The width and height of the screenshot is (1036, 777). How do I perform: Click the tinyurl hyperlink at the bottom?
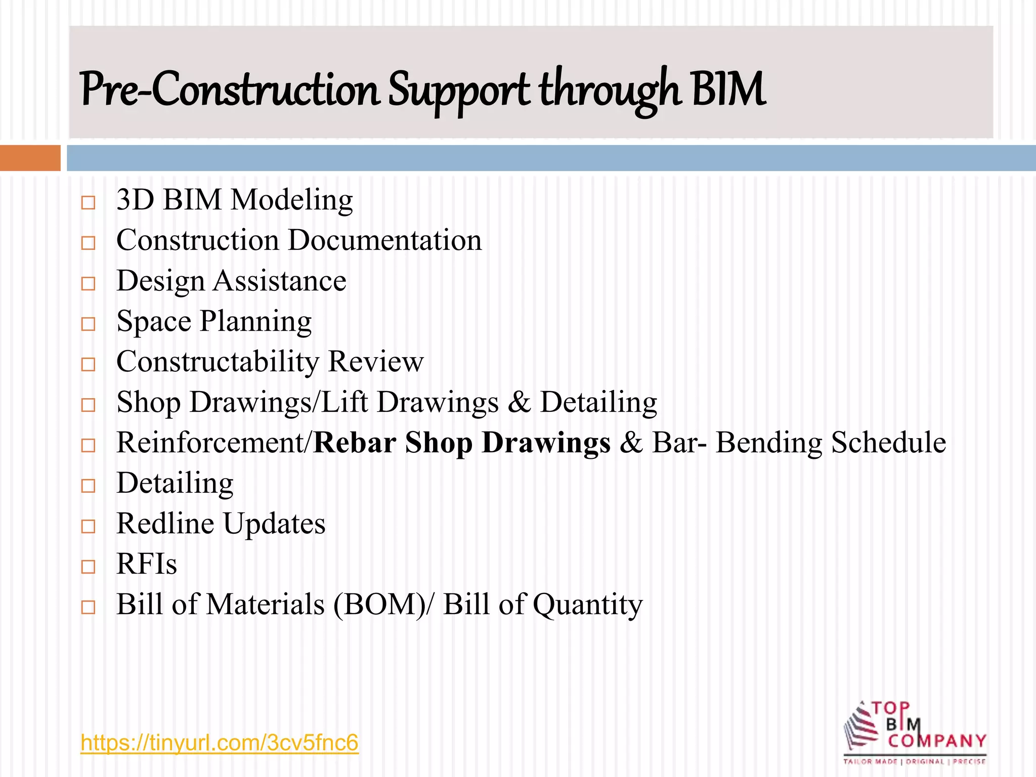pos(219,743)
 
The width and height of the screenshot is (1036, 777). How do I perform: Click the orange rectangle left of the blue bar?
pos(30,158)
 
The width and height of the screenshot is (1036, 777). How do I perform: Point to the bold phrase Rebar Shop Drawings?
pos(462,443)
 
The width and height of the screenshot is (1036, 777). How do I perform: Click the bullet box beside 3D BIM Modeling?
pos(88,203)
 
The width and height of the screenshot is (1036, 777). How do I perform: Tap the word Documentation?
pos(385,240)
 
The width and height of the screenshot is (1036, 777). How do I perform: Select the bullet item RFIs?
pos(147,564)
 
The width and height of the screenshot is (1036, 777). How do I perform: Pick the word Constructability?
pos(218,362)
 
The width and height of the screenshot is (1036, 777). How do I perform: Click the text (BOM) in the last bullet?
pos(379,605)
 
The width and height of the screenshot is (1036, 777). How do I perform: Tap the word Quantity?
pos(587,605)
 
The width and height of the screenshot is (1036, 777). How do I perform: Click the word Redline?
pos(165,524)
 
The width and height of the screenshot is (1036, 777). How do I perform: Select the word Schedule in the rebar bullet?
pos(888,443)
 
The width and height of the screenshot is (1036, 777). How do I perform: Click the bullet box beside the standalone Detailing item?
pos(88,486)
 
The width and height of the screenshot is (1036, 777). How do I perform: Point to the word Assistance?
pos(279,281)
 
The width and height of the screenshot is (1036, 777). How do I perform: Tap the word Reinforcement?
pos(209,443)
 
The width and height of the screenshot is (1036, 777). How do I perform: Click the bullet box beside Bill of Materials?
pos(88,607)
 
